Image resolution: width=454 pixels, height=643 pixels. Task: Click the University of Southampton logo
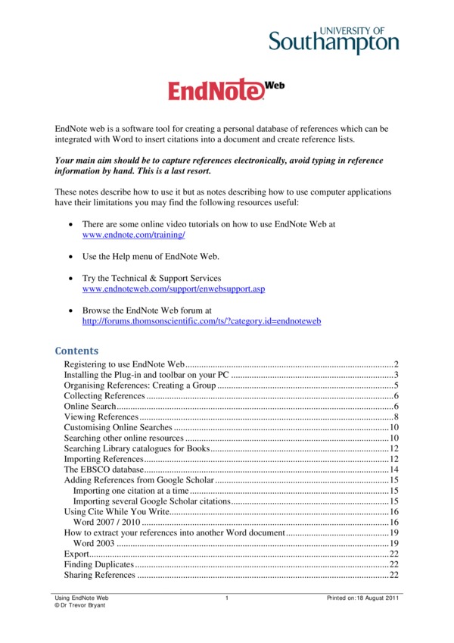tap(334, 38)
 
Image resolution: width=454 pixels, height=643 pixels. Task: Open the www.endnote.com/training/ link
tap(133, 236)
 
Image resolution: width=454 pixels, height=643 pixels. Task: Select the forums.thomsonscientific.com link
tap(201, 321)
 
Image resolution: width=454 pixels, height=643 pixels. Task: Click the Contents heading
tap(76, 351)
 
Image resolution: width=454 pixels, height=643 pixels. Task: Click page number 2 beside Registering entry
tap(396, 364)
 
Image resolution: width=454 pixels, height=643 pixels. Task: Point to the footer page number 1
tap(226, 598)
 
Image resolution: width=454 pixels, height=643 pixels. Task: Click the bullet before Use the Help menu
tap(70, 257)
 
